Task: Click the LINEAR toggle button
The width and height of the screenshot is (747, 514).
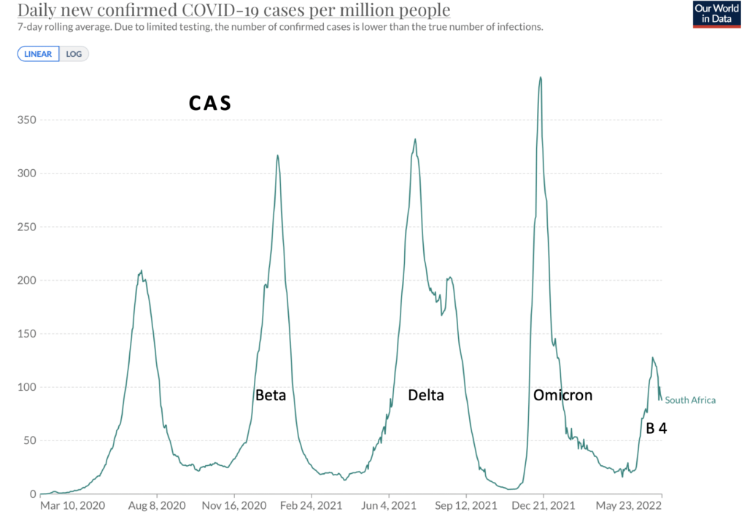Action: click(38, 54)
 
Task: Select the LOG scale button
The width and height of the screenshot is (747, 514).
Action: click(74, 54)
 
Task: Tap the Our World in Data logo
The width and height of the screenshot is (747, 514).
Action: click(716, 15)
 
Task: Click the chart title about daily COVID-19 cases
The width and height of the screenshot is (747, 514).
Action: click(234, 10)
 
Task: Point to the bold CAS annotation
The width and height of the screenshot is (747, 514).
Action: click(210, 104)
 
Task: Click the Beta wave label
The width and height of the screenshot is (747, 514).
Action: click(271, 395)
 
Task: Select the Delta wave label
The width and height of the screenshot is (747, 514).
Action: click(426, 395)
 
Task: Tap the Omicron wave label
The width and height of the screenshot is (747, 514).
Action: click(562, 395)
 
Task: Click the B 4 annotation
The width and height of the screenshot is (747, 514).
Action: click(656, 429)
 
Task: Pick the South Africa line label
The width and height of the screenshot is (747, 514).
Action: click(690, 400)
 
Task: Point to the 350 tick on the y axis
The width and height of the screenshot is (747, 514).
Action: click(27, 120)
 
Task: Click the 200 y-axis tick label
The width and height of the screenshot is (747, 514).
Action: click(27, 280)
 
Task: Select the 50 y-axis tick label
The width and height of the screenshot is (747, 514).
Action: click(30, 440)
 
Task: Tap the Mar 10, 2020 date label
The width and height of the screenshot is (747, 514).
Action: click(72, 505)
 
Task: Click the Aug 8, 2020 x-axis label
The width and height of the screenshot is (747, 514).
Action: click(157, 505)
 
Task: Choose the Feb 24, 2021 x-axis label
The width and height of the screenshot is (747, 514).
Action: click(311, 505)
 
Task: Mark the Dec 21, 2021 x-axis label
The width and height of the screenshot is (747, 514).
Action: click(543, 505)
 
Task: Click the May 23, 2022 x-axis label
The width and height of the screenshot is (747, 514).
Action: click(628, 505)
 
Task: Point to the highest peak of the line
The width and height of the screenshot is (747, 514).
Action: click(541, 77)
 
